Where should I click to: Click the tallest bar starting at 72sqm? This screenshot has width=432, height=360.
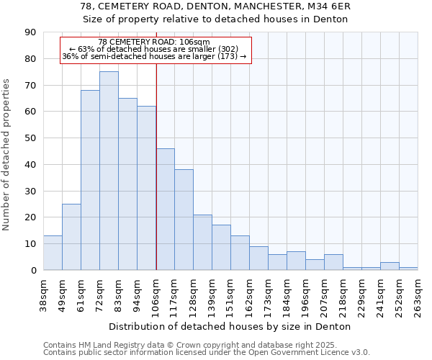109,171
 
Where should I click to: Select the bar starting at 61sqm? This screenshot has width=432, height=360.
90,180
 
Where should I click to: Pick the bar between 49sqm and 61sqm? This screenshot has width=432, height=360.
71,237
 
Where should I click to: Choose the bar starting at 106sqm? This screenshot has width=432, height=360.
165,209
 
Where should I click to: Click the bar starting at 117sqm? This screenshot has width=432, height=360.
184,220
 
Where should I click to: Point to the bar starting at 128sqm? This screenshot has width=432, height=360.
202,242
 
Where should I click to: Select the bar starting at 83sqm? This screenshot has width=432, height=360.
127,184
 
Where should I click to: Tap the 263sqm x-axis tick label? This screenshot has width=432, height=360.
418,295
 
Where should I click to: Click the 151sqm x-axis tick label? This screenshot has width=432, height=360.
231,295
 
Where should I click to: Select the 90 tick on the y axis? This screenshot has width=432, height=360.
30,32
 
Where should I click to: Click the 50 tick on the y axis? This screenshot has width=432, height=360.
30,138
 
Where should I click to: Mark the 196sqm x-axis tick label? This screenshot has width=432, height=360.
306,295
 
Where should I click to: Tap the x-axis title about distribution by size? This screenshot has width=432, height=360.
230,326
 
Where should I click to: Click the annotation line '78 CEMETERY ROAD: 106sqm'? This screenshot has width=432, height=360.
154,42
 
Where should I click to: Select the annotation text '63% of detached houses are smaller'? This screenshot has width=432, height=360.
154,49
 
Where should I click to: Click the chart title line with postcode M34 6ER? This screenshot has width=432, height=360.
215,6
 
